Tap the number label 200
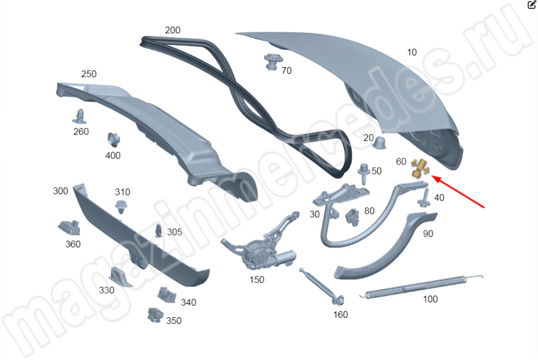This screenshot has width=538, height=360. coord(172,30)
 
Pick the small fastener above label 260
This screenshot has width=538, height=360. coord(80,116)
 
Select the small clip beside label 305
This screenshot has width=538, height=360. coord(158,231)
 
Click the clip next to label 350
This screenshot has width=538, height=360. coord(154,316)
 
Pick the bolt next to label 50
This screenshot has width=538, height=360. coord(365,173)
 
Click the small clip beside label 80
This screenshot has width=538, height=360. coord(352,216)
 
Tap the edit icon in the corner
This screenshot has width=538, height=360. coord(531,4)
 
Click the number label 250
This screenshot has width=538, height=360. coord(89,74)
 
